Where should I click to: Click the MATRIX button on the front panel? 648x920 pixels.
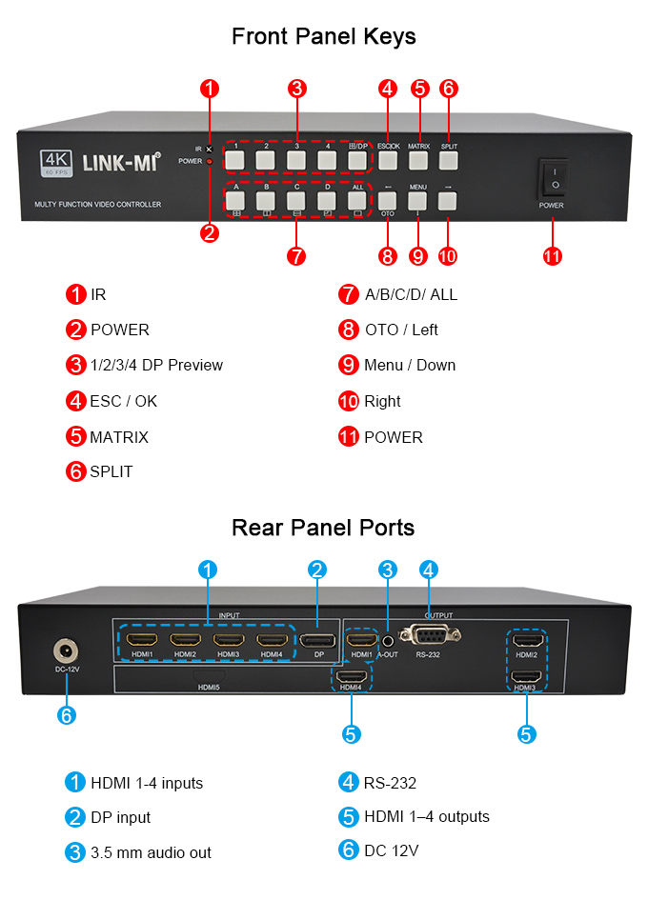[x=418, y=160]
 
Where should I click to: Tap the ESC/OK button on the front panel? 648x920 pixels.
[x=387, y=160]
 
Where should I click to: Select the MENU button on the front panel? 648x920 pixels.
[x=418, y=201]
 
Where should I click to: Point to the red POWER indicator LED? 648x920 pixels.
[x=210, y=162]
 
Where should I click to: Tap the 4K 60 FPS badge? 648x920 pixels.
[x=57, y=163]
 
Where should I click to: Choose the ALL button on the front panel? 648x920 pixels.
[x=357, y=201]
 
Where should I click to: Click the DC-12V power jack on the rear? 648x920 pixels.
[x=66, y=651]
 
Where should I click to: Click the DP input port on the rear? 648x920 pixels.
[x=318, y=640]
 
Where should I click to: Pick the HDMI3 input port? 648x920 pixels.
[x=228, y=640]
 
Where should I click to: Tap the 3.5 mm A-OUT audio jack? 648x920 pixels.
[x=388, y=641]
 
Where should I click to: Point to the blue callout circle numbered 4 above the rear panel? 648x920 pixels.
[x=429, y=570]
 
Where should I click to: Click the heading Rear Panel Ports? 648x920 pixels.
[x=323, y=527]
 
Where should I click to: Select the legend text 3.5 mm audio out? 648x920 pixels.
[x=151, y=852]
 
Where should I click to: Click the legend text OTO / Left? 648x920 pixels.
[x=401, y=330]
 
